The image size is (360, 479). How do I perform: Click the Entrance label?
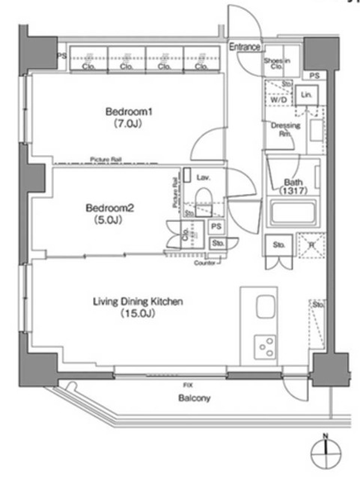pyautogui.click(x=244, y=46)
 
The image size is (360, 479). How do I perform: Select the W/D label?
pyautogui.click(x=278, y=100)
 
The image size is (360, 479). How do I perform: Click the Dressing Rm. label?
pyautogui.click(x=284, y=129)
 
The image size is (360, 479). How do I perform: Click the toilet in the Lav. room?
pyautogui.click(x=202, y=198)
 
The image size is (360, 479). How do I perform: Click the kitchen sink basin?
pyautogui.click(x=266, y=308)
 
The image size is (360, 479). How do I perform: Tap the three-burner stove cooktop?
pyautogui.click(x=265, y=346)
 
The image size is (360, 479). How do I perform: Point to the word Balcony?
pyautogui.click(x=194, y=399)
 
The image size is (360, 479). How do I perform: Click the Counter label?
pyautogui.click(x=204, y=263)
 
